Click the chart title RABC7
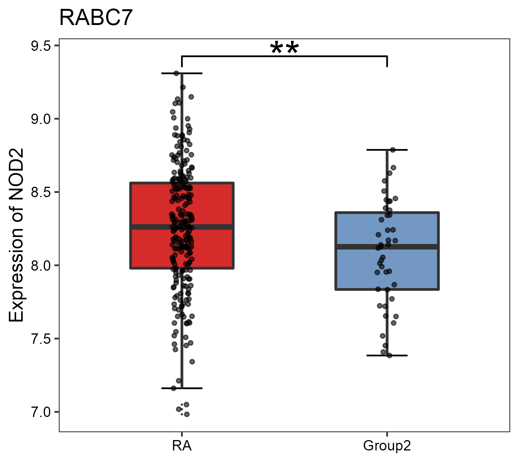click(96, 18)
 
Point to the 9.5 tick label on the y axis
click(40, 46)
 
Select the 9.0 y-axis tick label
click(40, 119)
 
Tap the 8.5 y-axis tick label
click(40, 192)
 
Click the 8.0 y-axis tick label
click(40, 266)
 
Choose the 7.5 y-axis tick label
click(40, 339)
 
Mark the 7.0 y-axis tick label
click(40, 412)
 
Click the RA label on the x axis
click(182, 446)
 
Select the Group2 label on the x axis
click(387, 446)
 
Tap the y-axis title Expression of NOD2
click(16, 235)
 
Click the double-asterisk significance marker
click(284, 49)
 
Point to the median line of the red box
click(182, 227)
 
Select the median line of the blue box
click(387, 246)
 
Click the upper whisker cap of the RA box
click(182, 73)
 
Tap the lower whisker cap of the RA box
click(182, 388)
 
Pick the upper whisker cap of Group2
click(387, 150)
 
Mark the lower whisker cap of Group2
click(387, 355)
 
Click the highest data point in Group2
click(393, 150)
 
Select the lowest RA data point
click(187, 414)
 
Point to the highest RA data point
click(176, 73)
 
